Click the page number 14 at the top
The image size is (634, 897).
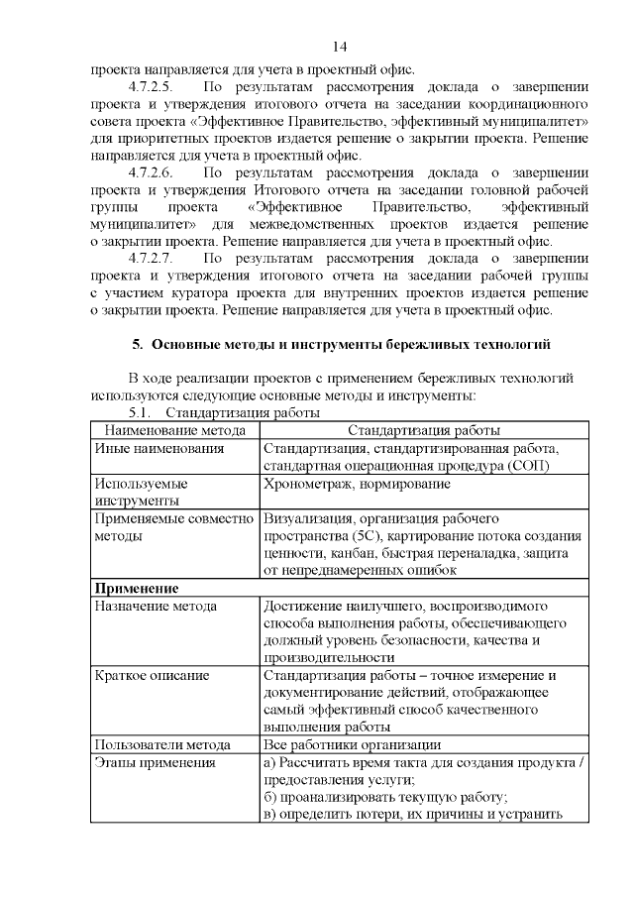pyautogui.click(x=339, y=47)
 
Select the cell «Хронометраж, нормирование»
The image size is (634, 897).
pyautogui.click(x=357, y=485)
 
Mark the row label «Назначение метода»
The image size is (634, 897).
pyautogui.click(x=156, y=606)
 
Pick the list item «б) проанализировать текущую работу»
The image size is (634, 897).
pyautogui.click(x=384, y=797)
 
